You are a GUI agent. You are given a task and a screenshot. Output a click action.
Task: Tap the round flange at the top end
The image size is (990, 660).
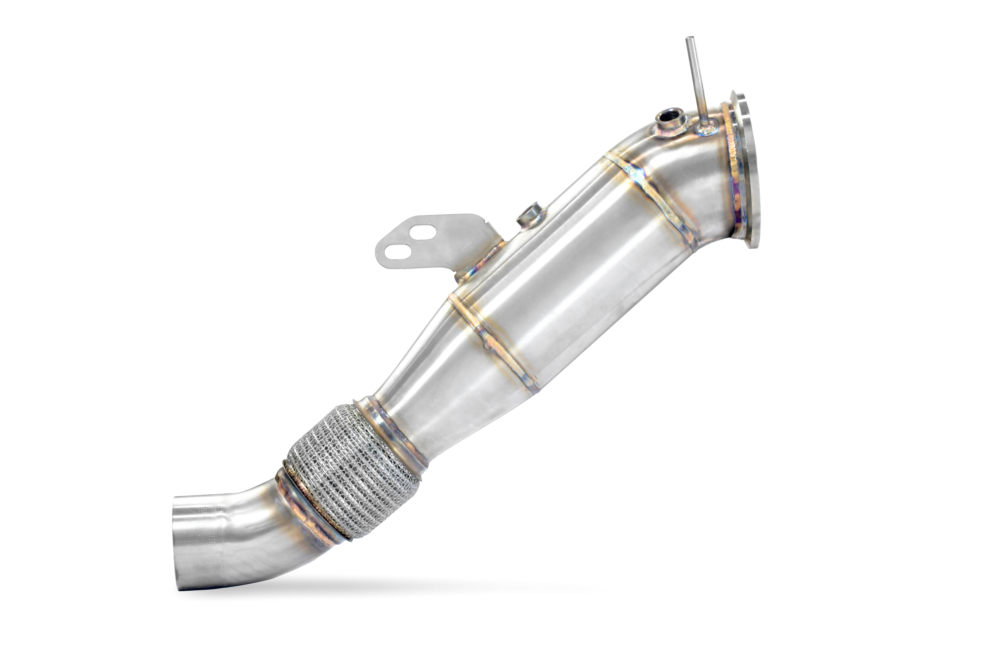(x=744, y=168)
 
